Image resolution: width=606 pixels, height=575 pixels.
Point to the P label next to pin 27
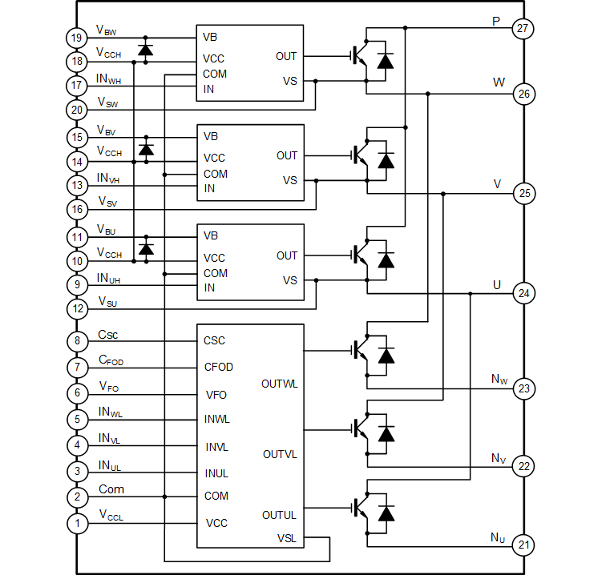(x=497, y=16)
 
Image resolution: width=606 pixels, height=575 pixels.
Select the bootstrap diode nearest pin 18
(x=145, y=49)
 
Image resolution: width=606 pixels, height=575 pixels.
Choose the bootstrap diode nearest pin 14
(x=145, y=149)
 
